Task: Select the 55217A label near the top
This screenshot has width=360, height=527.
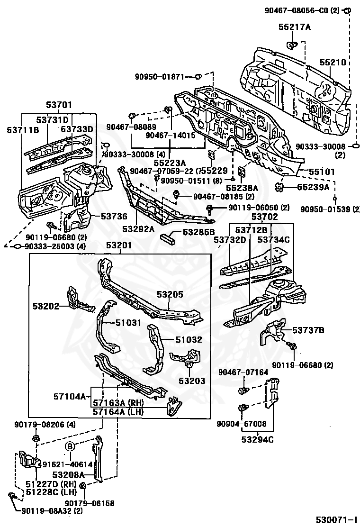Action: point(294,27)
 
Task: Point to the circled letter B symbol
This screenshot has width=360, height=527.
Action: point(70,447)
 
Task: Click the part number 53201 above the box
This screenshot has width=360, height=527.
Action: point(119,245)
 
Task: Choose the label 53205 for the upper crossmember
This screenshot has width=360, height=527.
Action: point(170,294)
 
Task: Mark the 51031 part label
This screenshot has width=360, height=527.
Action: point(128,323)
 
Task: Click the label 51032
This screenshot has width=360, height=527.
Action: point(189,340)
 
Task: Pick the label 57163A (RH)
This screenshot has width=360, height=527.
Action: point(118,403)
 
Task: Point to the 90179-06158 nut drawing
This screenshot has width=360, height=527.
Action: point(83,486)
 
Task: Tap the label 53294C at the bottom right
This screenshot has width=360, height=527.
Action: point(258,439)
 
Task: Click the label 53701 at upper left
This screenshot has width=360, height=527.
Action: point(59,105)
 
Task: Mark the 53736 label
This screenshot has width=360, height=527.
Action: point(114,217)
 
